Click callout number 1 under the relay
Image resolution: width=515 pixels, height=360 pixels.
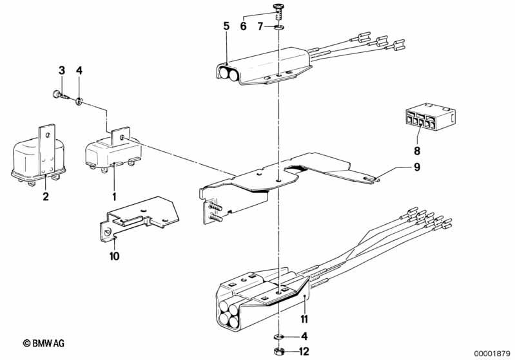[115, 196]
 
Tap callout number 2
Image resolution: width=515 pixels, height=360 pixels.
[46, 196]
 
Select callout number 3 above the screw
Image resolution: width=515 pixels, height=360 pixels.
[62, 70]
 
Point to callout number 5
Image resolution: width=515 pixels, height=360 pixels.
[226, 26]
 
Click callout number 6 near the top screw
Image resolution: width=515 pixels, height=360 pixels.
[244, 26]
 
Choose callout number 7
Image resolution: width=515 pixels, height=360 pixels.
[260, 26]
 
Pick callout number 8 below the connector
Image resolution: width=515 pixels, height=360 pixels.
[417, 152]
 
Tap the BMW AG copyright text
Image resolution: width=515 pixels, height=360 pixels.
[48, 343]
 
